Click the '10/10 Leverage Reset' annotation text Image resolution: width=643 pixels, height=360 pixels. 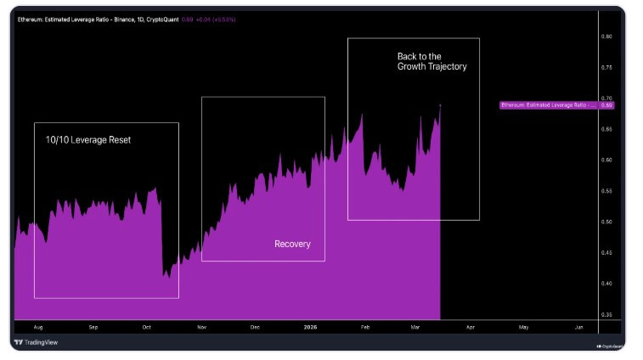[x=88, y=139]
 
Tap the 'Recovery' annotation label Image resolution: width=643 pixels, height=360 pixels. [x=292, y=245]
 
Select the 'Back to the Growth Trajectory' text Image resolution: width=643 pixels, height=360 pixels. [x=431, y=61]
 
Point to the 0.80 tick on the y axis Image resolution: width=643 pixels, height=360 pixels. [x=606, y=37]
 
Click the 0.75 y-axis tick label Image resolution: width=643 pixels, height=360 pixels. [x=606, y=67]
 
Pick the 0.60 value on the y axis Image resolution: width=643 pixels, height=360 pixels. [x=606, y=160]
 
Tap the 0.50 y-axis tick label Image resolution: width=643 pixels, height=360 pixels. [x=606, y=222]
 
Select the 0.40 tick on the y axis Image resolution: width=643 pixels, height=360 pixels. [x=606, y=284]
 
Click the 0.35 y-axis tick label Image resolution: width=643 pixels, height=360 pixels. [x=606, y=314]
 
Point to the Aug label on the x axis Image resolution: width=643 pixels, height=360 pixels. [x=37, y=327]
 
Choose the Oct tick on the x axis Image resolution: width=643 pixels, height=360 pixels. [x=146, y=327]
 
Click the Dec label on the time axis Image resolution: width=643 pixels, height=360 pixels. [x=255, y=327]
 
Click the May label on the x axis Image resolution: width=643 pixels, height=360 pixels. [x=523, y=327]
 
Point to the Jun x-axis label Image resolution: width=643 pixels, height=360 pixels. [x=578, y=327]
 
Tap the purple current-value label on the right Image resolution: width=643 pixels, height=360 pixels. [x=556, y=105]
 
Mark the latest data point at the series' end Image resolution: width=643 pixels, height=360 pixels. [x=440, y=104]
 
